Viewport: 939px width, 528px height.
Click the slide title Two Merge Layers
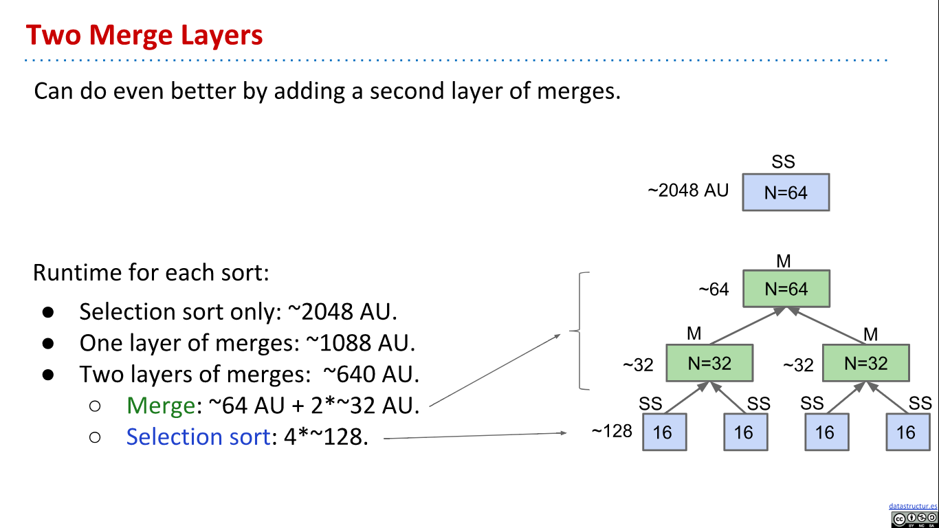pos(144,34)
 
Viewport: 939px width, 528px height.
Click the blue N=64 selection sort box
pos(786,192)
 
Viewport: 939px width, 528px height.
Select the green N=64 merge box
pos(786,289)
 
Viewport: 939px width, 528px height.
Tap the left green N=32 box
pos(709,363)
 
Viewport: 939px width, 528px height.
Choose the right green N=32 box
pos(865,363)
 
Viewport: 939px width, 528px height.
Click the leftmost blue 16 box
pos(664,432)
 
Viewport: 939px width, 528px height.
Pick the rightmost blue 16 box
pos(907,432)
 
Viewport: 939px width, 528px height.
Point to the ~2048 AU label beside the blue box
pos(688,190)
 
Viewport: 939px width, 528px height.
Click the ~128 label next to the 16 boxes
pos(612,431)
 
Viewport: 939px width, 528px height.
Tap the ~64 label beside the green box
pos(714,289)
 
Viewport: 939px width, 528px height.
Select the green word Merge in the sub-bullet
pos(161,406)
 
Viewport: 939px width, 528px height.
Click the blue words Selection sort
pos(197,437)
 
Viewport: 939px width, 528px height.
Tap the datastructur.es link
pos(912,506)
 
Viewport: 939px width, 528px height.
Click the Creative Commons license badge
pos(914,519)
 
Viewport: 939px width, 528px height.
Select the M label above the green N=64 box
pos(783,261)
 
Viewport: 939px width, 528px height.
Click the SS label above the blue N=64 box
pos(783,162)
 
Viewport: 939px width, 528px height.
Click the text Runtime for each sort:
pos(151,273)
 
